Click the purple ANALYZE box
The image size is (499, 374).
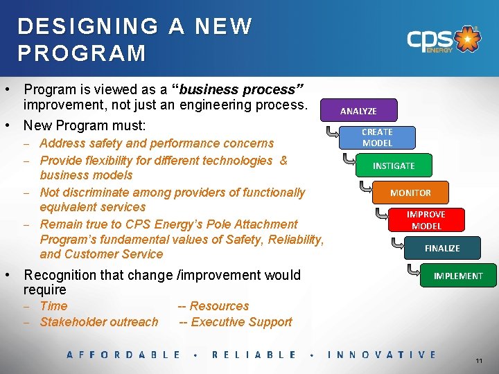point(358,111)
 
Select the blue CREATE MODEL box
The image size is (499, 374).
point(377,137)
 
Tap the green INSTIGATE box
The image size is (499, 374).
point(394,166)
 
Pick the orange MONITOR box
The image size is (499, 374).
point(410,193)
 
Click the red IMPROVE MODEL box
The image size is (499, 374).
point(426,220)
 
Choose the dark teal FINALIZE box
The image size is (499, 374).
point(442,248)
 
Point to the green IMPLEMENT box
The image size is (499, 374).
point(457,276)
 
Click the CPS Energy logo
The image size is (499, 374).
point(444,39)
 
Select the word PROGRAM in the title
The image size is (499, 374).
point(82,53)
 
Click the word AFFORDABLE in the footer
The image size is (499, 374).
point(123,355)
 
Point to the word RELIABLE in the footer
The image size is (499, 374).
point(254,355)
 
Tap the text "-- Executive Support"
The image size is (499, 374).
point(235,322)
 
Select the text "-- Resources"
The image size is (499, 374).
point(213,306)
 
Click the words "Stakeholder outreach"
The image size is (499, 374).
point(99,322)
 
